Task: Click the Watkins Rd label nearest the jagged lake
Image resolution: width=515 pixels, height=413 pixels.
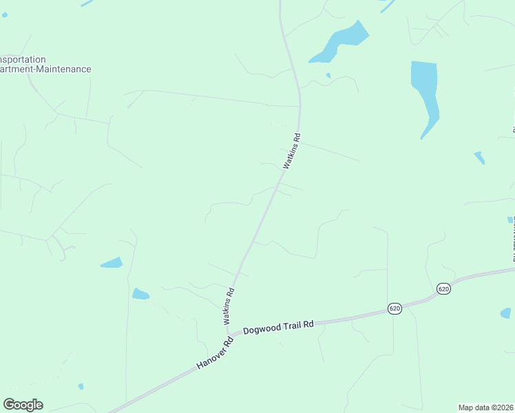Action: [293, 151]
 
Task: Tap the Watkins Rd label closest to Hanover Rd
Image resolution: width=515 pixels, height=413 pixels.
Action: [229, 306]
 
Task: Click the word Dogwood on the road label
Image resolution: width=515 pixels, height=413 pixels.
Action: [262, 328]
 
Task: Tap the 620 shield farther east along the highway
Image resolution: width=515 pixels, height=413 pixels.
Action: [443, 289]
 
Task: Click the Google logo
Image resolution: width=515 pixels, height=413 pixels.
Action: [23, 405]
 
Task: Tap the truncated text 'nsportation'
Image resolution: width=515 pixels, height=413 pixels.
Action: [23, 59]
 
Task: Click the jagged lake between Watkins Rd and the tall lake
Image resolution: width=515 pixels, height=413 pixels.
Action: [339, 43]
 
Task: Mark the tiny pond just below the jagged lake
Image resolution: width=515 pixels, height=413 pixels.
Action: [328, 75]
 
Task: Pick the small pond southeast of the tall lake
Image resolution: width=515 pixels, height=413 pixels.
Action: [479, 158]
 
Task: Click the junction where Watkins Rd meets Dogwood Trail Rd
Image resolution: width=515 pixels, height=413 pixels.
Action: [229, 335]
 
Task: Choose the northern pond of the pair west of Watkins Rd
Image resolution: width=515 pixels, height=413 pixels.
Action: [112, 263]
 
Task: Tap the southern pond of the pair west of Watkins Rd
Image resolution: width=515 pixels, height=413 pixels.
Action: [140, 295]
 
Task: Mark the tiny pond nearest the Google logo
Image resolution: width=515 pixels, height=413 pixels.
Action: [81, 386]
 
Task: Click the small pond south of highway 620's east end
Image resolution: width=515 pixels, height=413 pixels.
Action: [505, 313]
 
